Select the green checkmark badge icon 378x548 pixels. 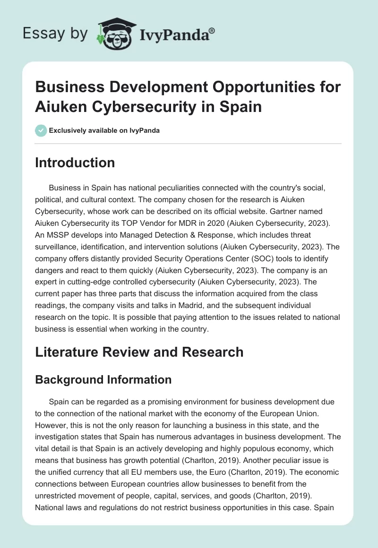41,130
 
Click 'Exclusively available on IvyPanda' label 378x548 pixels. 104,130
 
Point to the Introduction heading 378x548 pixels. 75,163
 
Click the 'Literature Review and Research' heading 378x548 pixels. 139,351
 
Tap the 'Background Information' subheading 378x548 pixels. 103,380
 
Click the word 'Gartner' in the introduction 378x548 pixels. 295,212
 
